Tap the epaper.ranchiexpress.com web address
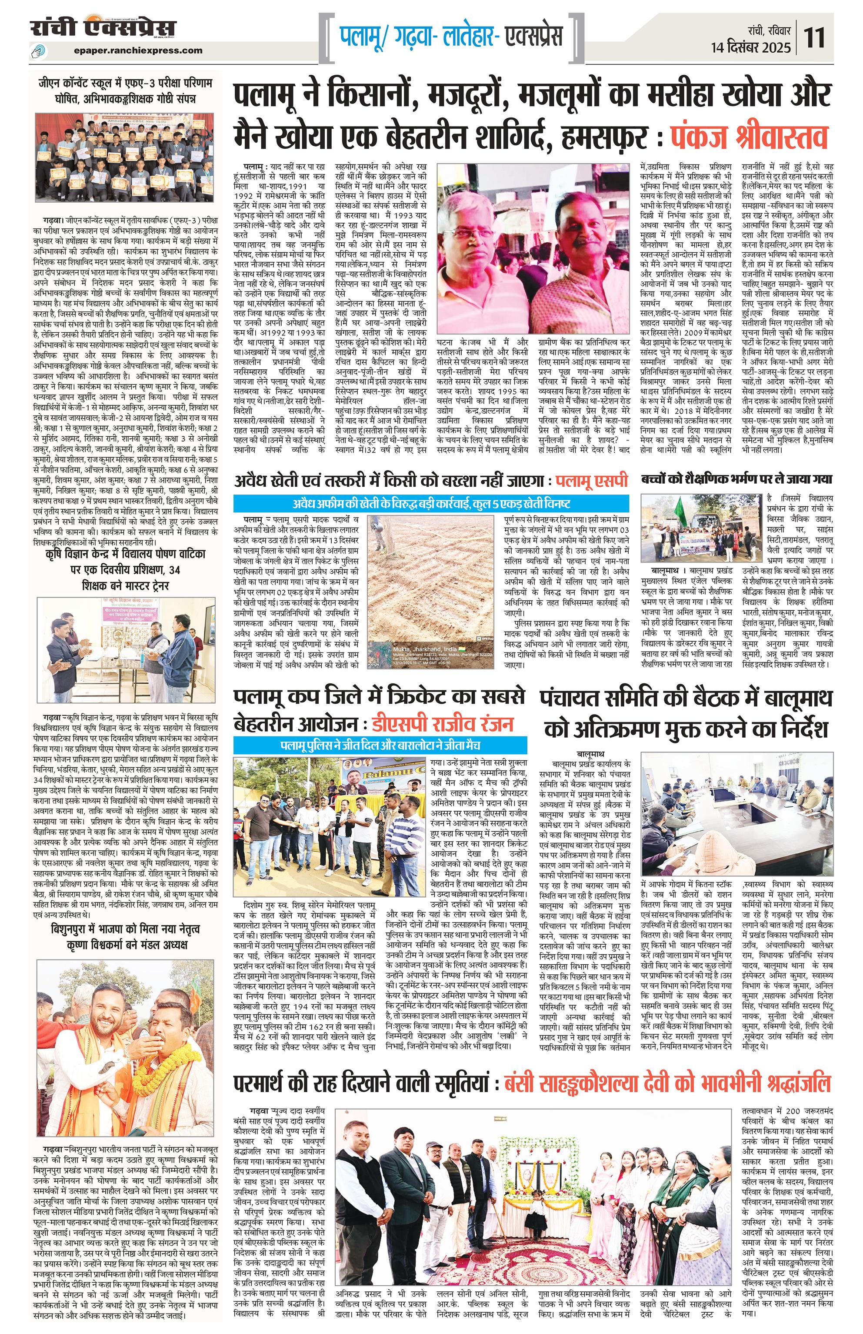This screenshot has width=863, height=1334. [138, 50]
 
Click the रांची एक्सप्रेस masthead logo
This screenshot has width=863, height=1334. [103, 28]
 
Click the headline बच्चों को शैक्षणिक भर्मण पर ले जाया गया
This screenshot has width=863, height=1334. [737, 479]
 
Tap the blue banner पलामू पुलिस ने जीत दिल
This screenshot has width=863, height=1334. [380, 746]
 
